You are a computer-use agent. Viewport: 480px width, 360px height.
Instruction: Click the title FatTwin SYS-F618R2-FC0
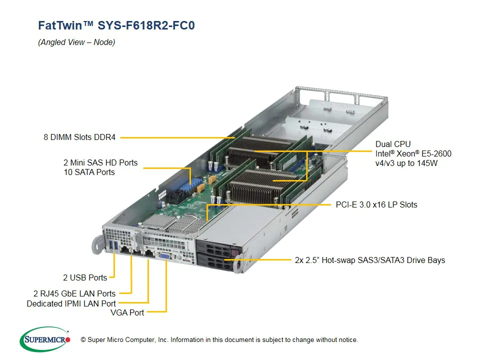pyautogui.click(x=116, y=25)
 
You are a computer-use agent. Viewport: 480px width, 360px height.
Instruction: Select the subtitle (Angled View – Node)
pyautogui.click(x=76, y=42)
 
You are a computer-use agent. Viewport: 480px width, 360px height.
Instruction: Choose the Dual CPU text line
pyautogui.click(x=393, y=144)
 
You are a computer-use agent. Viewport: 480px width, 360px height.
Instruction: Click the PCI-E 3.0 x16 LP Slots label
pyautogui.click(x=376, y=204)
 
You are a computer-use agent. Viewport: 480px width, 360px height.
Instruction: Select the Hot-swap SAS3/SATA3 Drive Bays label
pyautogui.click(x=369, y=260)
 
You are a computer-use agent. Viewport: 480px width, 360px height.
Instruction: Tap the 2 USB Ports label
pyautogui.click(x=85, y=277)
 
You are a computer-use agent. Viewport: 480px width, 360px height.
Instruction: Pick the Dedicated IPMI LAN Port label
pyautogui.click(x=71, y=303)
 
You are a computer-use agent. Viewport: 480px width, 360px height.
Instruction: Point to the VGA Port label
pyautogui.click(x=127, y=312)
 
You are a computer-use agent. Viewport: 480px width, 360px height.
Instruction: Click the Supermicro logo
pyautogui.click(x=45, y=339)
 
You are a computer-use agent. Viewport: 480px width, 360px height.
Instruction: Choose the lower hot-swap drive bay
pyautogui.click(x=217, y=260)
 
